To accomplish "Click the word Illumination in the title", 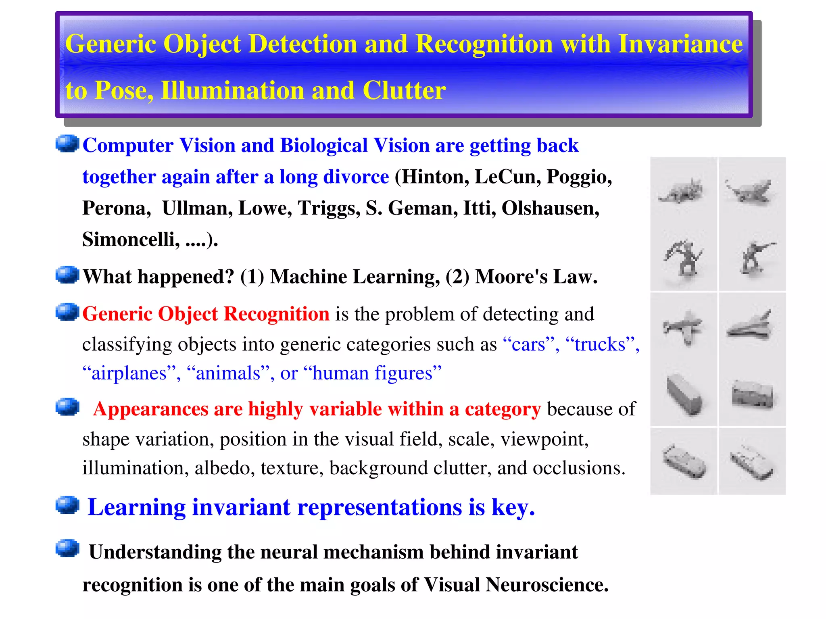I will pos(232,90).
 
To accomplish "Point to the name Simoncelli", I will pos(131,240).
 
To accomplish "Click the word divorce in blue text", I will pos(356,177).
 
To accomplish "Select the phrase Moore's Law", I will pos(536,277).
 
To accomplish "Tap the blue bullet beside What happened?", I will pos(67,275).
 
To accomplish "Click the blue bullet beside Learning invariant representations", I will pos(67,505).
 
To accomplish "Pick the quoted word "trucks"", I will pos(600,344).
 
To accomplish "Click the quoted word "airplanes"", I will pos(129,373).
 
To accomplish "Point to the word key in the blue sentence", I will pos(513,507).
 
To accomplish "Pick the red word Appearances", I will pos(150,409).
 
